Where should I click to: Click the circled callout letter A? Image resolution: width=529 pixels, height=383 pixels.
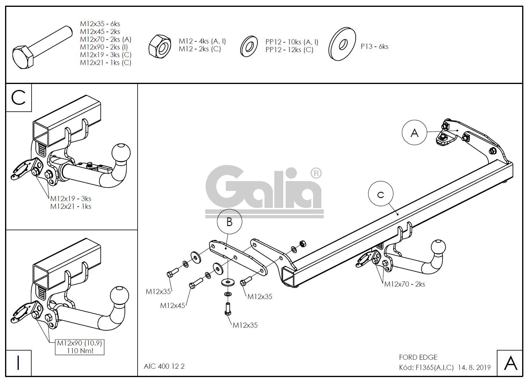[x=414, y=133]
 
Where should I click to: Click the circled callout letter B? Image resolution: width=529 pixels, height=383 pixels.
[x=229, y=222]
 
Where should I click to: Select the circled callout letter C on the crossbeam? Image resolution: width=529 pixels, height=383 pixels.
[x=381, y=195]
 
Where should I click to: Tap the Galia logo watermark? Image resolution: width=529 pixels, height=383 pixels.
[x=264, y=191]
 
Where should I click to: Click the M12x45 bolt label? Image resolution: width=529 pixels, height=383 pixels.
[x=173, y=305]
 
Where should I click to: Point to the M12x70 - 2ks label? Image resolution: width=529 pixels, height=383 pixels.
[x=404, y=284]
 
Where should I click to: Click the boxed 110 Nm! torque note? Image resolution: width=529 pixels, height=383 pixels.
[x=80, y=351]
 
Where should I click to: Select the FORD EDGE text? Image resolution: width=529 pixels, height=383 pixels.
[x=418, y=357]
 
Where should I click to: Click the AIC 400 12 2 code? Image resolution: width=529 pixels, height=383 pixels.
[x=164, y=366]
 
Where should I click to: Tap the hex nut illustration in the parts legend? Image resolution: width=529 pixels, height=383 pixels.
[x=160, y=46]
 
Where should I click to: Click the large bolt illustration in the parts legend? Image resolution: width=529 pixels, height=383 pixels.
[x=41, y=47]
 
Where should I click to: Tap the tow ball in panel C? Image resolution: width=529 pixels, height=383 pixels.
[x=121, y=152]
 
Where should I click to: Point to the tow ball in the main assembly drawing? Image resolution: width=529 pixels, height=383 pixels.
[x=438, y=248]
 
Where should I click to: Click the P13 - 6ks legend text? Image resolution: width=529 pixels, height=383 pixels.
[x=374, y=46]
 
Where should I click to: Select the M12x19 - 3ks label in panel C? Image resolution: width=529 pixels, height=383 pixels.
[x=71, y=199]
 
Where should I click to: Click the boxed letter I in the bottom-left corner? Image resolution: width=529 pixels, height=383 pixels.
[x=18, y=363]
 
